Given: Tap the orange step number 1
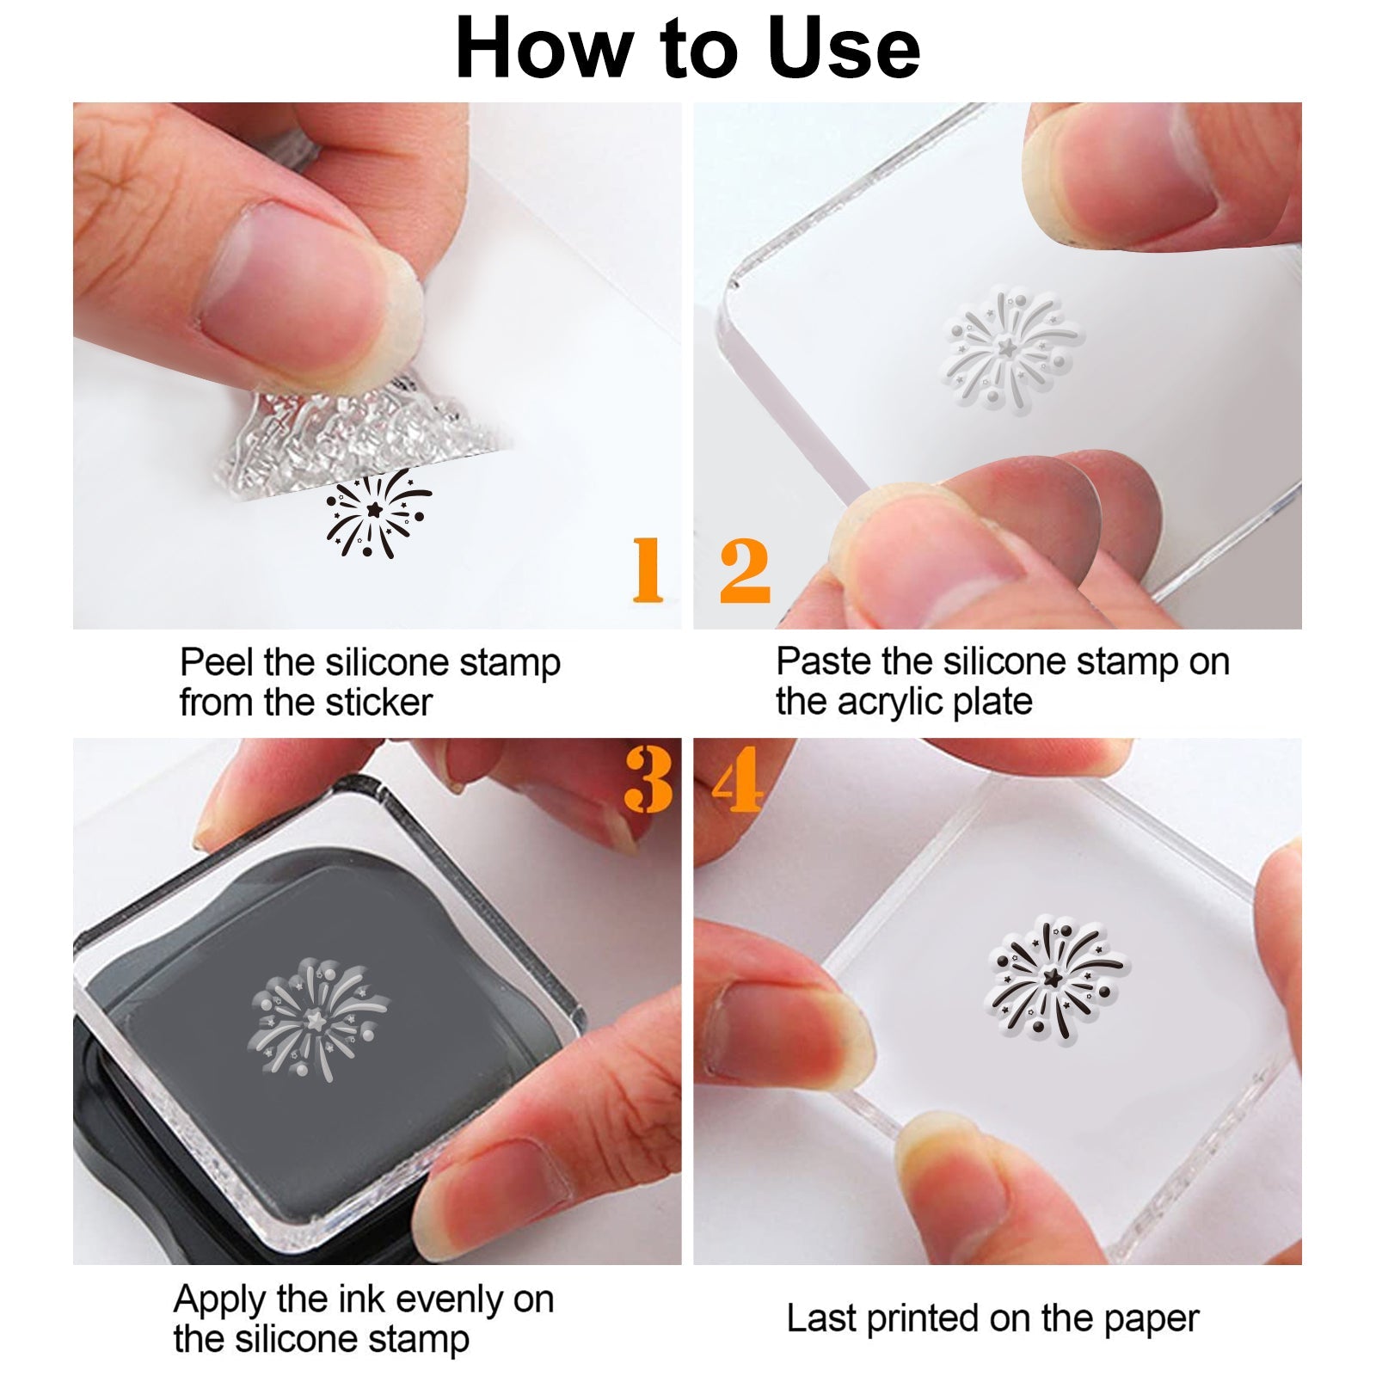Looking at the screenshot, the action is [648, 569].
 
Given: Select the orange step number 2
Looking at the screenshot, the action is [745, 569].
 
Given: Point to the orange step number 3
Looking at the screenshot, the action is [648, 779].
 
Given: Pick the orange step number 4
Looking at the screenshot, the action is [738, 779].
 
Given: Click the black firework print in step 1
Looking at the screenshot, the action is [378, 513].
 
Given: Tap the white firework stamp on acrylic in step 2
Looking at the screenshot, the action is [1012, 349].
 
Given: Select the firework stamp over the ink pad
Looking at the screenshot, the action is [317, 1019].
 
